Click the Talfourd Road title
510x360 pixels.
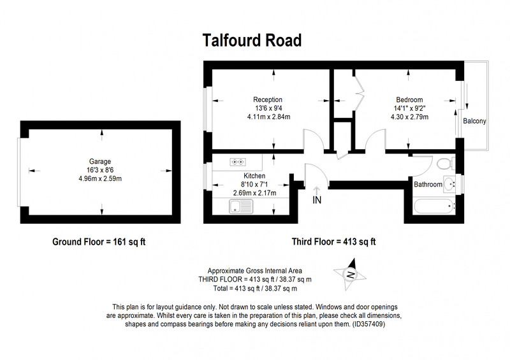[252, 41]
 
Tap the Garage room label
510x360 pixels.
[100, 162]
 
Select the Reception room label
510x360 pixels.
[268, 100]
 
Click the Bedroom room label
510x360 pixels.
[409, 100]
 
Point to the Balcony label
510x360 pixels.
[474, 121]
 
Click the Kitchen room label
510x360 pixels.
[254, 176]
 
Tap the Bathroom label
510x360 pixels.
[428, 184]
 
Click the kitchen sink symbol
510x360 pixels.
[241, 206]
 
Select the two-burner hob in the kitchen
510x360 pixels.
[238, 162]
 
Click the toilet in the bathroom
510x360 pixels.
[446, 163]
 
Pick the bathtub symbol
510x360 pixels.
[434, 206]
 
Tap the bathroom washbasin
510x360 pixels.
[449, 184]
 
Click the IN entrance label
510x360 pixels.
[317, 200]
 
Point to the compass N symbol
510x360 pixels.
[351, 275]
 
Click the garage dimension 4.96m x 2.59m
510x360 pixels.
[100, 178]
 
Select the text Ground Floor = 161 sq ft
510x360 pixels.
[99, 242]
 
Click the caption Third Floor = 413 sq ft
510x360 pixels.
[333, 242]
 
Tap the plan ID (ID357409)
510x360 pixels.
[368, 324]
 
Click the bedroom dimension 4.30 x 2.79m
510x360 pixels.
[409, 117]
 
